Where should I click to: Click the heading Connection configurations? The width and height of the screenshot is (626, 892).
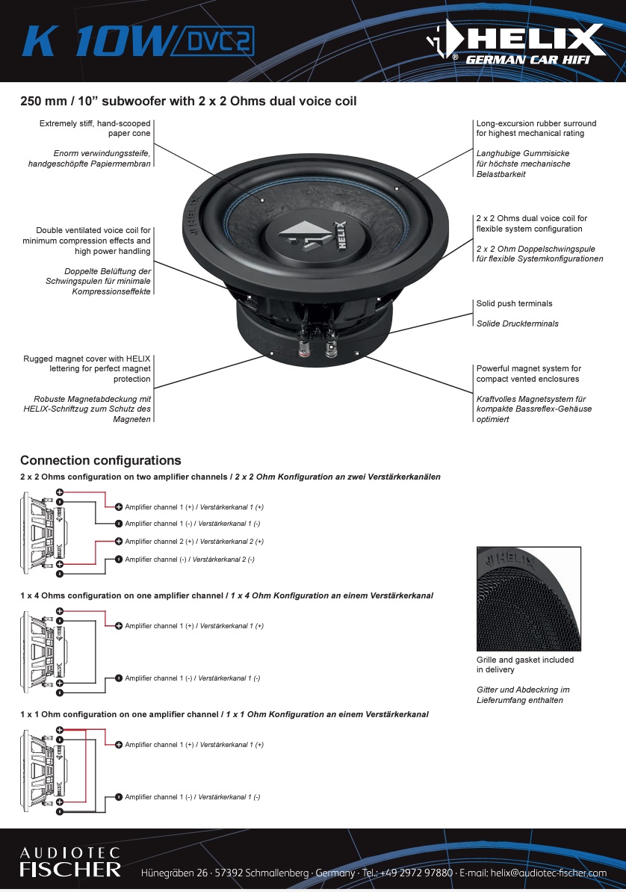(100, 460)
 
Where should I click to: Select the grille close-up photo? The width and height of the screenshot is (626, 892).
(528, 599)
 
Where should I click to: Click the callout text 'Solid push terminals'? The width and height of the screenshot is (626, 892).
(515, 304)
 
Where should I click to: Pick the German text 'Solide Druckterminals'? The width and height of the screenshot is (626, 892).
(517, 323)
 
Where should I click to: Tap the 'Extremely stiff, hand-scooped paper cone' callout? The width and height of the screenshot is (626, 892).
(95, 128)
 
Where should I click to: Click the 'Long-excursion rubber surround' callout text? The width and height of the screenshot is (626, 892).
(536, 128)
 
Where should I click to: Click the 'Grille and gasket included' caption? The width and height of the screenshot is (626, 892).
(525, 665)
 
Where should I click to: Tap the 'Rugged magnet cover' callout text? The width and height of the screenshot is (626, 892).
(87, 369)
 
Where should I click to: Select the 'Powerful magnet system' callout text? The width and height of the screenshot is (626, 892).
(528, 374)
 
